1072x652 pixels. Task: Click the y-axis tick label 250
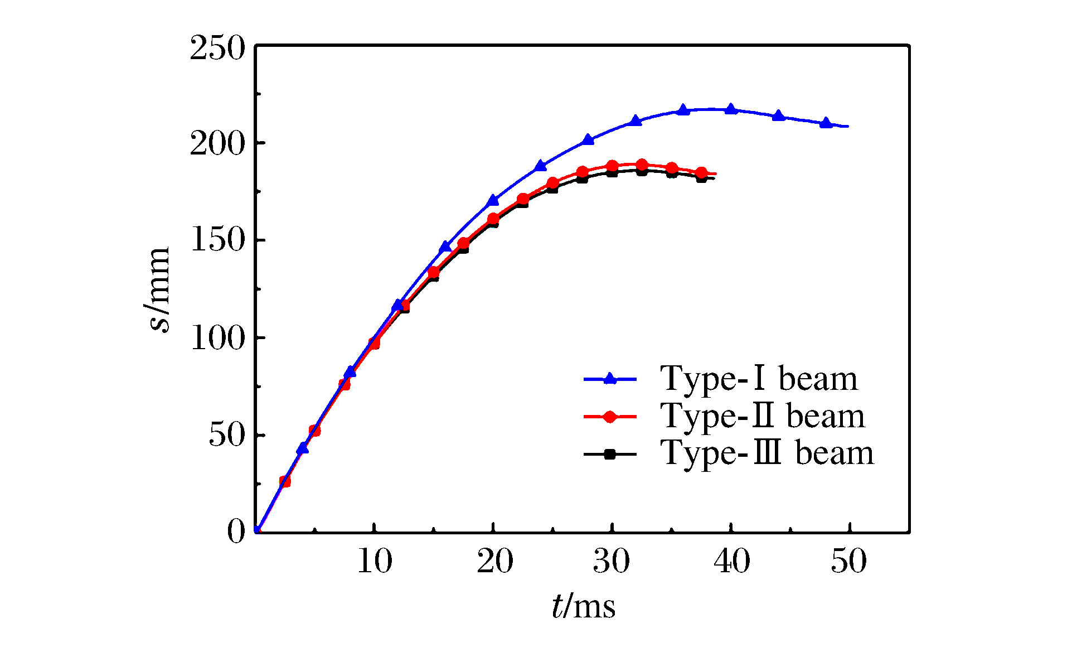tap(217, 49)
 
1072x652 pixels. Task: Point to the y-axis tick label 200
tap(217, 144)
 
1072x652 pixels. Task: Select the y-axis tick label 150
tap(217, 242)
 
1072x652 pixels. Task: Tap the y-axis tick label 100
tap(217, 339)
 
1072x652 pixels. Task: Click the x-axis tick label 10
tap(374, 561)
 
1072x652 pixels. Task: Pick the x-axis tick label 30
tap(612, 561)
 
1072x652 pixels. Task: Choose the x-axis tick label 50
tap(848, 561)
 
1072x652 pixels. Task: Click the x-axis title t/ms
tap(583, 606)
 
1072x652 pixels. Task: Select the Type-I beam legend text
tap(759, 379)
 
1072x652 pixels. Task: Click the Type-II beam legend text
tap(763, 417)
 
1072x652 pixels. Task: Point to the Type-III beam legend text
tap(767, 453)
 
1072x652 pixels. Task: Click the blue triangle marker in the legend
tap(610, 379)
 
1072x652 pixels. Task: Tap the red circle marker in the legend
tap(610, 417)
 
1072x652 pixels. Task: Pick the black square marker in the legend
tap(610, 454)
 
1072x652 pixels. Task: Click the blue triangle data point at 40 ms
tap(731, 109)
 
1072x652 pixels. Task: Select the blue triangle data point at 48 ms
tap(826, 123)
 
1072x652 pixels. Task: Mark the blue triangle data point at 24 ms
tap(541, 166)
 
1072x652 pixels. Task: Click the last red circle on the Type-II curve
tap(701, 173)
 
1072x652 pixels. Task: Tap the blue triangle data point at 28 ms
tap(588, 139)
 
